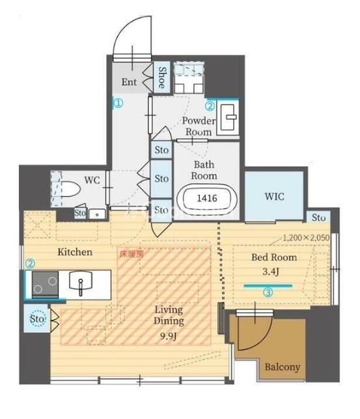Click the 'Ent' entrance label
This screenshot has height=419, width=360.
point(129,81)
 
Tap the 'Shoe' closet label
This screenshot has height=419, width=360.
point(162,78)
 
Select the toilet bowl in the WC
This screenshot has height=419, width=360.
point(70,189)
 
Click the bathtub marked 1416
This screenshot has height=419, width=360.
point(207,198)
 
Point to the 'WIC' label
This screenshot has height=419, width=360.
point(274,197)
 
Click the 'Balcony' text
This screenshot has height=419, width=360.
point(283,367)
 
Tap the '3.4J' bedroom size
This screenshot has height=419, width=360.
point(271,272)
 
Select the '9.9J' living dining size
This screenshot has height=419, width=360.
point(169,336)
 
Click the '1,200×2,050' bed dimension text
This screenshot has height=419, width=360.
point(306,238)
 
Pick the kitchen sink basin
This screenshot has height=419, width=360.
point(81,281)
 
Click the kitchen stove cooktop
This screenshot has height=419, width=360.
point(45,285)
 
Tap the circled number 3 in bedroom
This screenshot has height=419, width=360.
point(268,292)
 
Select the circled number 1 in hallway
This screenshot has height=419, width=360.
point(118,103)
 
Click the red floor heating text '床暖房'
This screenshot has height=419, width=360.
point(132,254)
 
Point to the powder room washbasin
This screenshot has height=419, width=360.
point(228,117)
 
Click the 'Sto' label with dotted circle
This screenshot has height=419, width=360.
point(37,319)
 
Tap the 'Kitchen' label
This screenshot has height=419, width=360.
point(75,252)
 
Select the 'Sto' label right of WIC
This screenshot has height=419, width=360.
point(318,217)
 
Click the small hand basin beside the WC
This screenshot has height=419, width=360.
point(97,214)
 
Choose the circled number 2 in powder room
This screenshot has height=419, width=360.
point(210,106)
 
